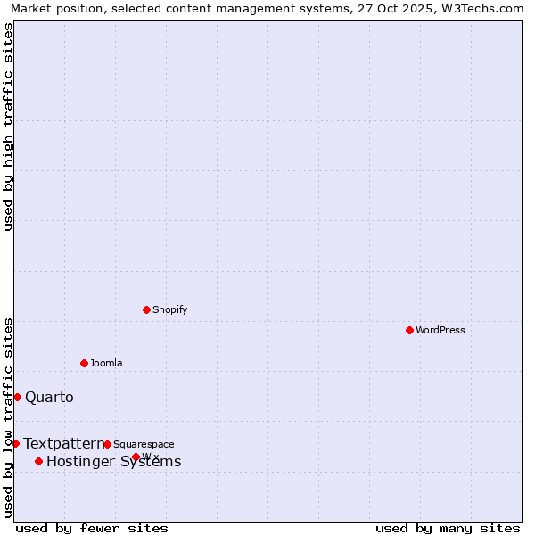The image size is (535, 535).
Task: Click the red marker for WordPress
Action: pos(409,330)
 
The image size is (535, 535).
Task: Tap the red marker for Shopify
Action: pos(146,309)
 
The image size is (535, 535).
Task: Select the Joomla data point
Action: pos(84,363)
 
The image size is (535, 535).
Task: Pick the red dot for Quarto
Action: pos(17,397)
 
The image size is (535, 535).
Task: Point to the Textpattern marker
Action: pos(15,443)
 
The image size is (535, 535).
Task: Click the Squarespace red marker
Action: pos(107,444)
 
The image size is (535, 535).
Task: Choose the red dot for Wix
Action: pos(136,457)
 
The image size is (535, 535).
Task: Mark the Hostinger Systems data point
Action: pos(38,461)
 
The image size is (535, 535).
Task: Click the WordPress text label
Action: pos(440,331)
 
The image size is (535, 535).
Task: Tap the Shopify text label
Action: pos(170,310)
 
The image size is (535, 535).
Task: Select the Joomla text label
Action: pos(106,364)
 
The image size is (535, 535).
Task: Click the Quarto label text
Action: pos(50,398)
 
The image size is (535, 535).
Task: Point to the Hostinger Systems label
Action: pos(114,462)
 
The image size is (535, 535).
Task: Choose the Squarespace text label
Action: pos(144,445)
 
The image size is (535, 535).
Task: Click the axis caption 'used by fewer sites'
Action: pos(92,529)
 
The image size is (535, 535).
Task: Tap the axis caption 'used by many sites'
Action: pos(448,529)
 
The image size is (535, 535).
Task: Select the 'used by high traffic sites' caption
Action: pos(8,127)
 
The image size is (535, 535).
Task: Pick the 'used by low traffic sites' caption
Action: pos(8,416)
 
